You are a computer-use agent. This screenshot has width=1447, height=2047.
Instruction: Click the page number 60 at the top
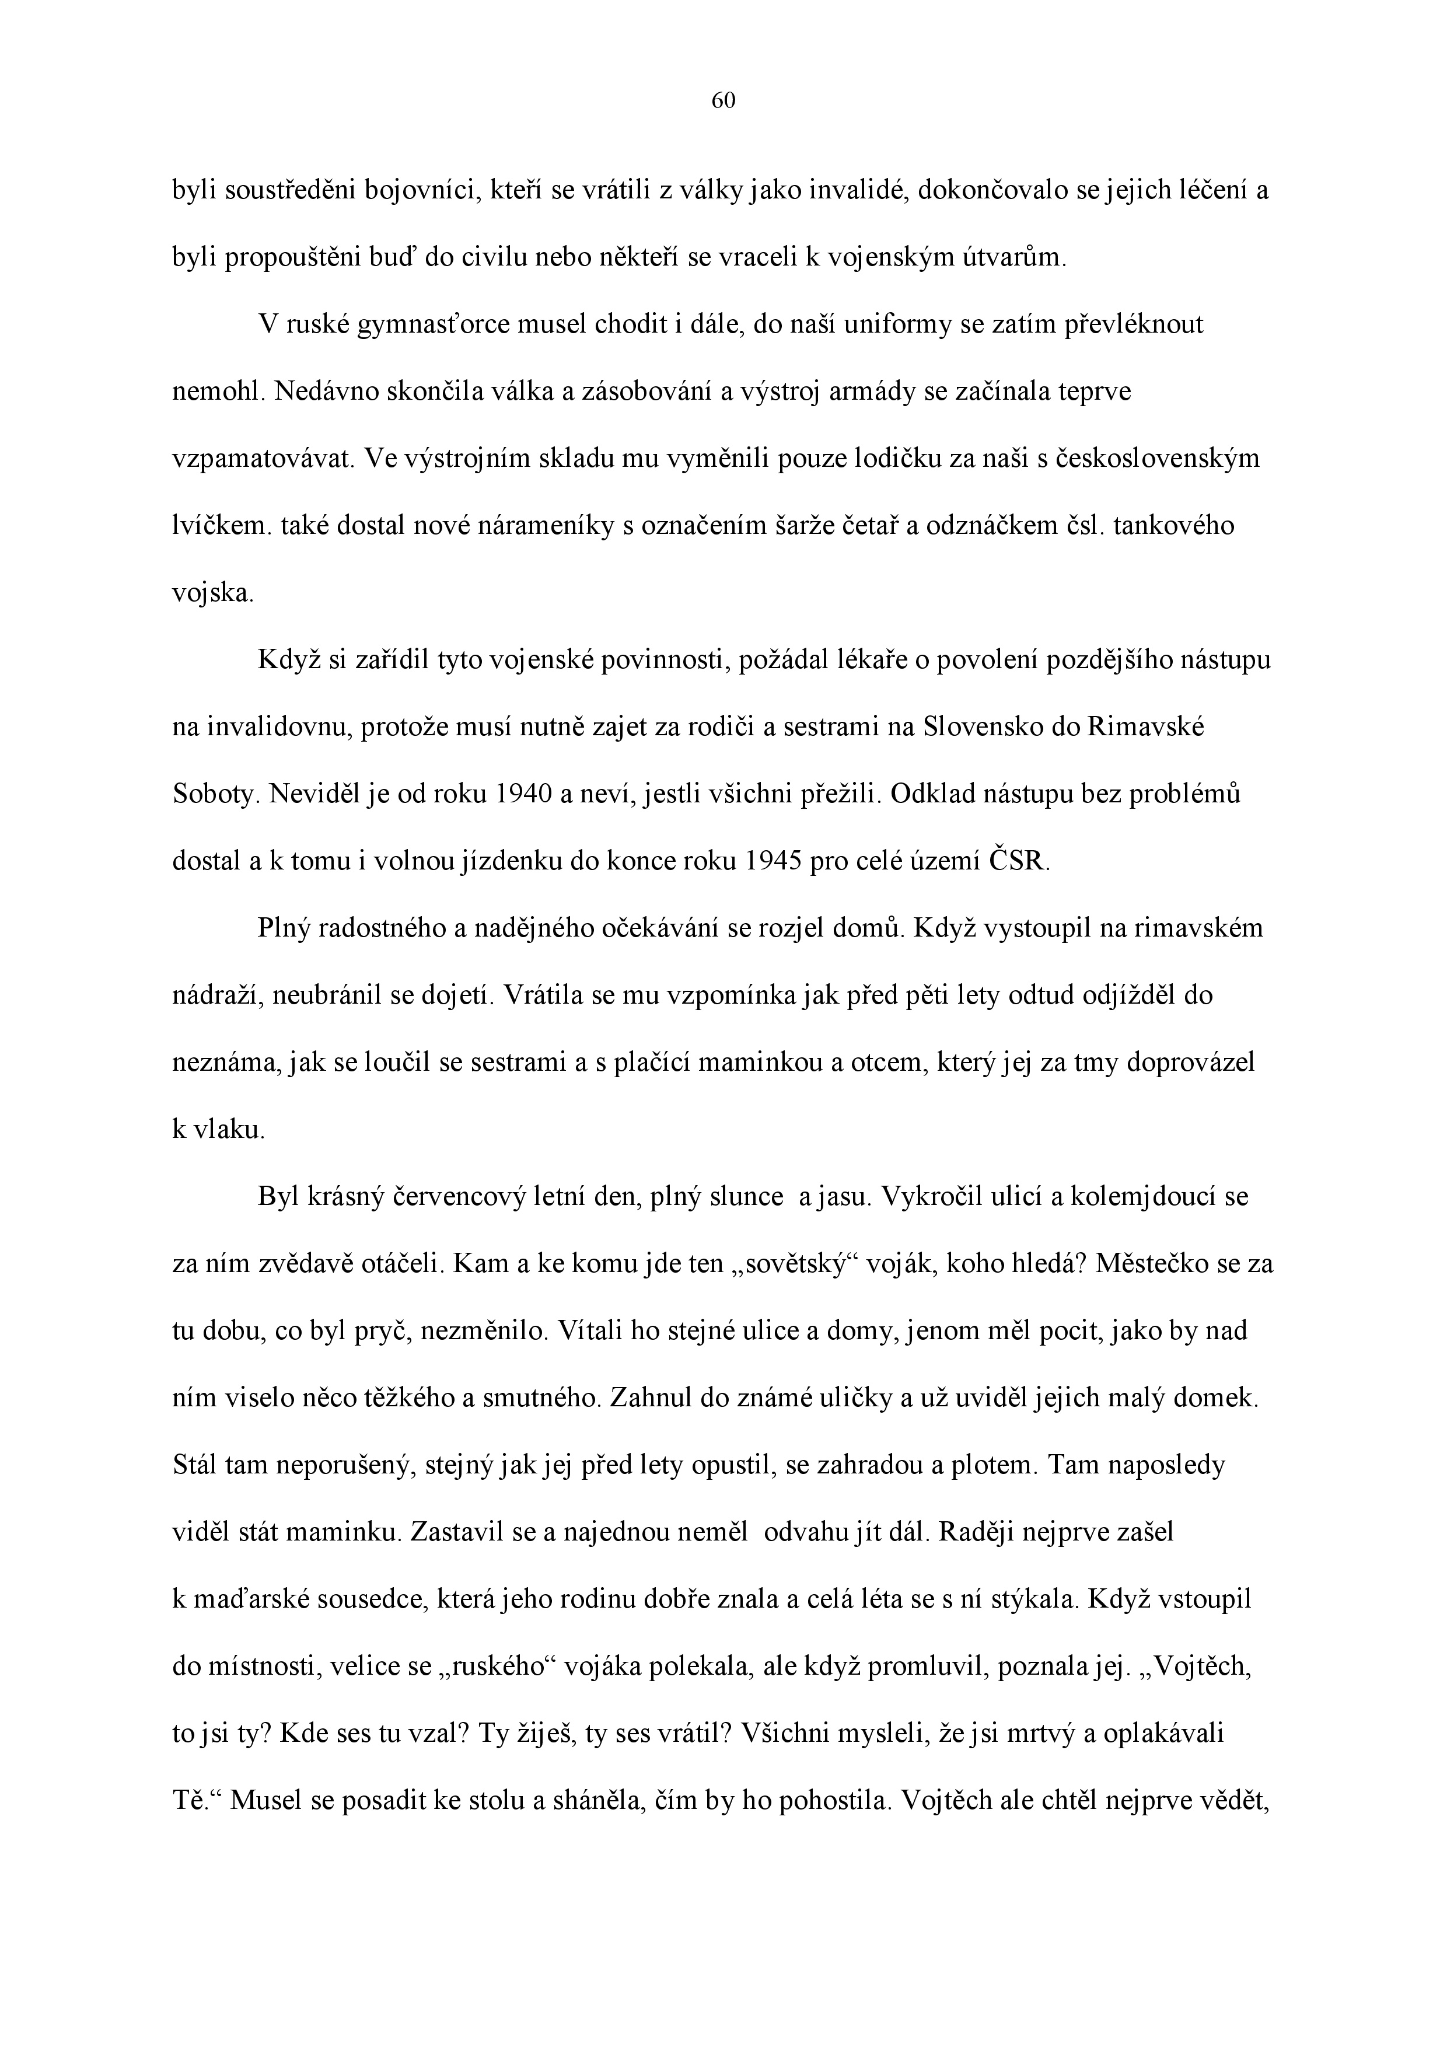723,102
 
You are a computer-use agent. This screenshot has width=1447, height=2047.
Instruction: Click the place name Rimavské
1146,728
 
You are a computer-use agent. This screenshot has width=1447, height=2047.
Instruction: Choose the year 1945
772,862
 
